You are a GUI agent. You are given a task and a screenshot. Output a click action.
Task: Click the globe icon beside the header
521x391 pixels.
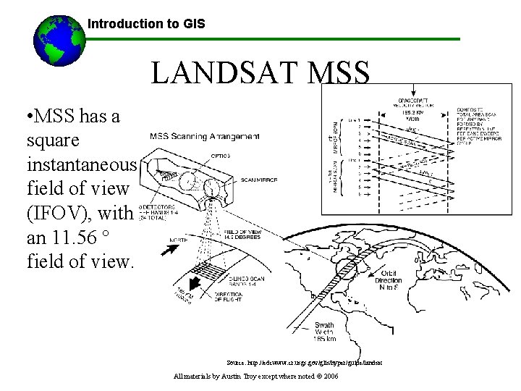click(x=57, y=41)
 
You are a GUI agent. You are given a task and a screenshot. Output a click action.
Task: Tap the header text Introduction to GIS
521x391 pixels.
click(x=146, y=24)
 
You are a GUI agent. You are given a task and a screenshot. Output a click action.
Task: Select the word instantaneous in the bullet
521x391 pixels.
click(x=80, y=164)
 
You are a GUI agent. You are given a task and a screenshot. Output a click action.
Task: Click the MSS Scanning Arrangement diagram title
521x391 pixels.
click(x=205, y=136)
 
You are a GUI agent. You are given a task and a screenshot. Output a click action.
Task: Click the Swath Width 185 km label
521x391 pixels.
click(x=324, y=332)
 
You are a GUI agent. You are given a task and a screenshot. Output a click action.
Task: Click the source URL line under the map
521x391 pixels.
click(x=304, y=361)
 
